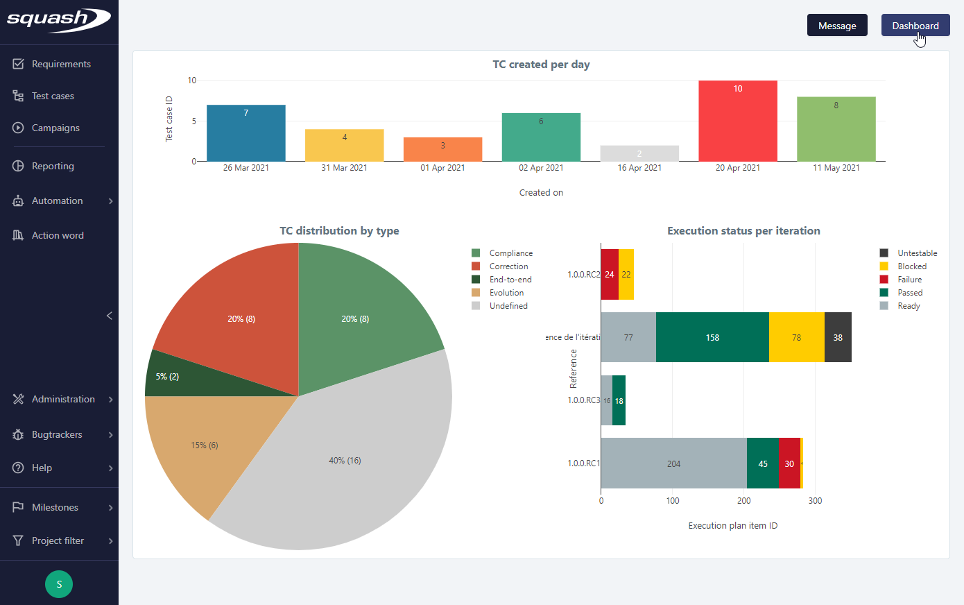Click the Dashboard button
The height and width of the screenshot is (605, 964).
(915, 26)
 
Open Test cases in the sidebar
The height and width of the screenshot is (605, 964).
(53, 96)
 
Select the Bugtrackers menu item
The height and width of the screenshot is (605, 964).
(57, 434)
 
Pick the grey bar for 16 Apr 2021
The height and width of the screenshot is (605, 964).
(639, 153)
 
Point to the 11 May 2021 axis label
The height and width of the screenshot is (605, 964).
(836, 168)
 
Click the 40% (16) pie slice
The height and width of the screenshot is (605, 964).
(345, 461)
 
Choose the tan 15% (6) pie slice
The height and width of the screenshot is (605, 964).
(204, 445)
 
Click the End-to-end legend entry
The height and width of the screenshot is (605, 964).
(510, 280)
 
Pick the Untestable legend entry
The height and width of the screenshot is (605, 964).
(916, 253)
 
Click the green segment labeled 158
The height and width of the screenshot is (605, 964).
(712, 337)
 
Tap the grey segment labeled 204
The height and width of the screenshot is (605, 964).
(673, 463)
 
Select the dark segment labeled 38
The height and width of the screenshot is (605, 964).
(838, 337)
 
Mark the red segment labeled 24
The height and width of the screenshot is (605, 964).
(609, 275)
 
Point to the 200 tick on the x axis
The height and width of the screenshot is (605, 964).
(743, 501)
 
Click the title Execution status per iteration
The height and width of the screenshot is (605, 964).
(743, 231)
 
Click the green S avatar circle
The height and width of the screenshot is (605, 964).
(59, 584)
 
